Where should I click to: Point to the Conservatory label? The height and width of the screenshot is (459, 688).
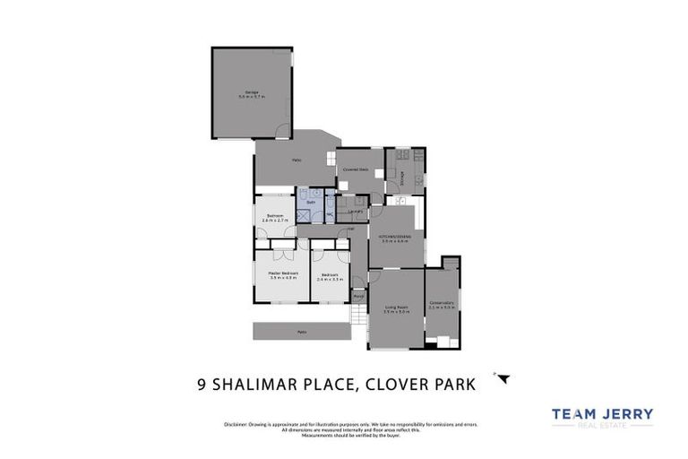[x=441, y=302]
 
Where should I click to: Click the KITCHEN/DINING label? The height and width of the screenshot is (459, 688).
[x=394, y=236]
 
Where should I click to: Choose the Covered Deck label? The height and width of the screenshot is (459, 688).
[x=358, y=168]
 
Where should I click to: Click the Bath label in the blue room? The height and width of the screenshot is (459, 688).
[x=310, y=204]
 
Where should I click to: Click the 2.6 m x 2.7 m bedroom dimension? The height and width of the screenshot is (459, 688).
[x=275, y=221]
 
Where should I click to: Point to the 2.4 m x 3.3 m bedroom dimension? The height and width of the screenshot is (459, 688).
[x=330, y=279]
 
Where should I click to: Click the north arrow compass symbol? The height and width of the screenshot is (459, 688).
[x=503, y=378]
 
